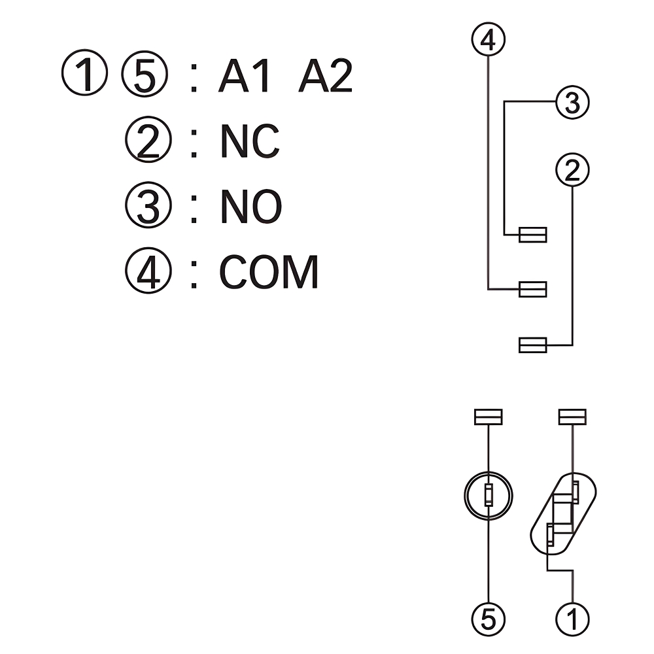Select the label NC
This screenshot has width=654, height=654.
click(250, 142)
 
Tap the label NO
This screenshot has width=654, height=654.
click(251, 207)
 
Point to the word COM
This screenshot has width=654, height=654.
click(269, 272)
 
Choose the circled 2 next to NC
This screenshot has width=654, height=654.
click(148, 143)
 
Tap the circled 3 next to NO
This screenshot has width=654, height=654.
click(148, 207)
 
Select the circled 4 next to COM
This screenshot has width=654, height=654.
click(148, 273)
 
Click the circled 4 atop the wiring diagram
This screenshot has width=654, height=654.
click(489, 41)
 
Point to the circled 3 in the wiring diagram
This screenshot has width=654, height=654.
click(572, 103)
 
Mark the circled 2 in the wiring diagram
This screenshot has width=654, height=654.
click(572, 170)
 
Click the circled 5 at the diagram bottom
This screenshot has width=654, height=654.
click(489, 618)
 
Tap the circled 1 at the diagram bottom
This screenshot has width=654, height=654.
click(572, 618)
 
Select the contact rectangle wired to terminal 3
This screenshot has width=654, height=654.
click(532, 235)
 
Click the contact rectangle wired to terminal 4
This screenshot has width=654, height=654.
click(532, 288)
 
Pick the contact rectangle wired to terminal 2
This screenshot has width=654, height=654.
click(532, 345)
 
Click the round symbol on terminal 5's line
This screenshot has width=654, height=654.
click(488, 496)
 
